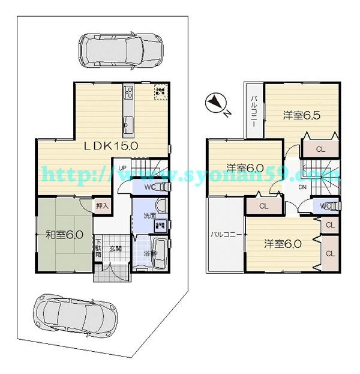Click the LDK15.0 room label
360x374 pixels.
(111, 145)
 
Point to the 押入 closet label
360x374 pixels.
(103, 206)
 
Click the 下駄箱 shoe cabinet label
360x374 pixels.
(98, 249)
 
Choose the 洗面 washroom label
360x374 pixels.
(149, 216)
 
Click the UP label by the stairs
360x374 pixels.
(122, 168)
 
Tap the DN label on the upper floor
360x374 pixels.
(302, 188)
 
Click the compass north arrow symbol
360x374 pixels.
(214, 104)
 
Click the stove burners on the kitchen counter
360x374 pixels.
(128, 92)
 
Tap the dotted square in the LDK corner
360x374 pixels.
(160, 91)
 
